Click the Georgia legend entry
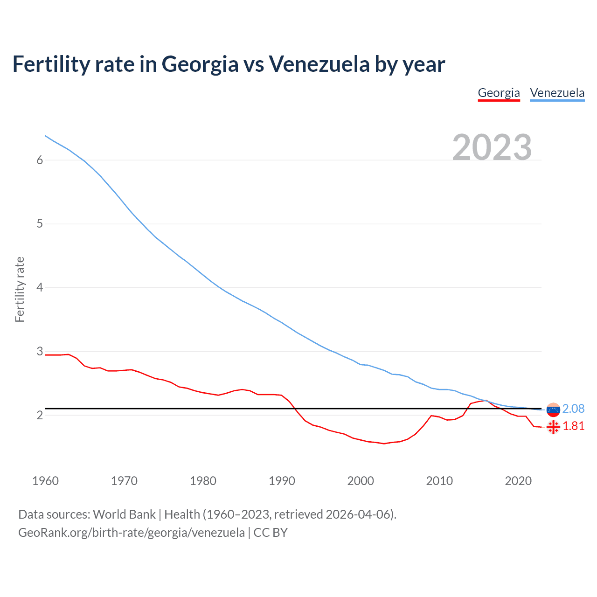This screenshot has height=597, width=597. (x=499, y=93)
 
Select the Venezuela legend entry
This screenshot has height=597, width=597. (x=557, y=93)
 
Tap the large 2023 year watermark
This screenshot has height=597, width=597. (x=492, y=147)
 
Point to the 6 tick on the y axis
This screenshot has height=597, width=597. (x=40, y=160)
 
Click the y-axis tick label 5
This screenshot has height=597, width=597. (x=40, y=224)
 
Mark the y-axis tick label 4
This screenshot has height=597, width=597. (x=40, y=287)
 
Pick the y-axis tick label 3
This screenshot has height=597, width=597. (x=40, y=351)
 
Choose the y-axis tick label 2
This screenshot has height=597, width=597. (x=40, y=415)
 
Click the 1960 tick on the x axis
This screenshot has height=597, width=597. (x=45, y=481)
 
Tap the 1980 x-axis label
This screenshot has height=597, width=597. (x=203, y=481)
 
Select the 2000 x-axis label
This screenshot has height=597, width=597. (x=361, y=481)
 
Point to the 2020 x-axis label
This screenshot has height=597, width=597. (x=518, y=481)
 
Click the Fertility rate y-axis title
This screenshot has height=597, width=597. (x=20, y=289)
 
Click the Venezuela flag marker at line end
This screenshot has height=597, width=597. (x=553, y=410)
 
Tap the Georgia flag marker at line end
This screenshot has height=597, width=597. (x=553, y=427)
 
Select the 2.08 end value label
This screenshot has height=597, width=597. (x=573, y=409)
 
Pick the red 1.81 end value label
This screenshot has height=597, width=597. (x=573, y=426)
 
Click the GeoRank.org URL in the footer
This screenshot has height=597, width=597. (x=131, y=533)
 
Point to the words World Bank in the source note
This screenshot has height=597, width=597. (x=124, y=514)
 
